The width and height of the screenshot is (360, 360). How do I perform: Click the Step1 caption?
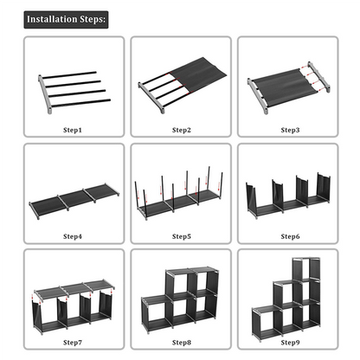(x=74, y=130)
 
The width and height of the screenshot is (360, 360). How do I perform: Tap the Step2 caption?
(x=181, y=130)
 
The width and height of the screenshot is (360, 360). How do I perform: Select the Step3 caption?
(x=290, y=130)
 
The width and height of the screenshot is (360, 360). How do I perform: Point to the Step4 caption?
(x=74, y=235)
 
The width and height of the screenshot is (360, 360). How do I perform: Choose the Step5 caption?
(x=181, y=235)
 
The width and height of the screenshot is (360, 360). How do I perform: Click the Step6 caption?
(x=290, y=235)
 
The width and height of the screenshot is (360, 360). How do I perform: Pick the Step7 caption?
(x=74, y=342)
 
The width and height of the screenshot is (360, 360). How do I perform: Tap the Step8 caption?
(x=181, y=342)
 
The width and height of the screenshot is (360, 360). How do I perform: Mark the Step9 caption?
(x=290, y=342)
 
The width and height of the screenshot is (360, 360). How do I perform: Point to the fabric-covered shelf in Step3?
(x=290, y=87)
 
